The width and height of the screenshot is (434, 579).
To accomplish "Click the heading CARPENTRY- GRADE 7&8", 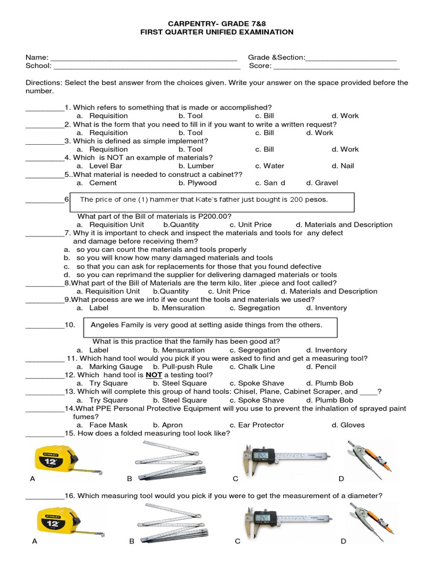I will coord(217,23).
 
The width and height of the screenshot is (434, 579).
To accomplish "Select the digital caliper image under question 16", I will coord(286,521).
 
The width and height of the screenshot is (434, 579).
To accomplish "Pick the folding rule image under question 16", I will coord(172,521).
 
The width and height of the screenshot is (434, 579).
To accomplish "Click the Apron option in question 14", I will coord(172,425).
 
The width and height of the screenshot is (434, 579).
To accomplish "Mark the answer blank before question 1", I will coord(45,107).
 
